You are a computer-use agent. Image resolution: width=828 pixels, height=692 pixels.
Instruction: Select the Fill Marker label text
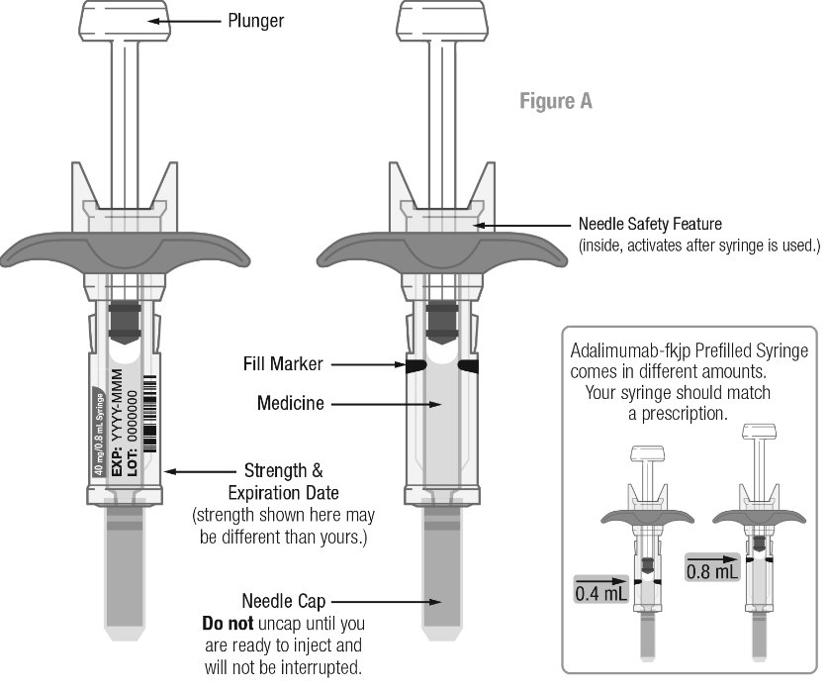(283, 364)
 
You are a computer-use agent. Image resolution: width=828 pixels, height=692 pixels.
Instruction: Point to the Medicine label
(290, 403)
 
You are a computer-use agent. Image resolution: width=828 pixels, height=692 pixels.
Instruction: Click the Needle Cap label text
(284, 600)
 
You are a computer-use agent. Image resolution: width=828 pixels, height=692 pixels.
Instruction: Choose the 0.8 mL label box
(712, 571)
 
